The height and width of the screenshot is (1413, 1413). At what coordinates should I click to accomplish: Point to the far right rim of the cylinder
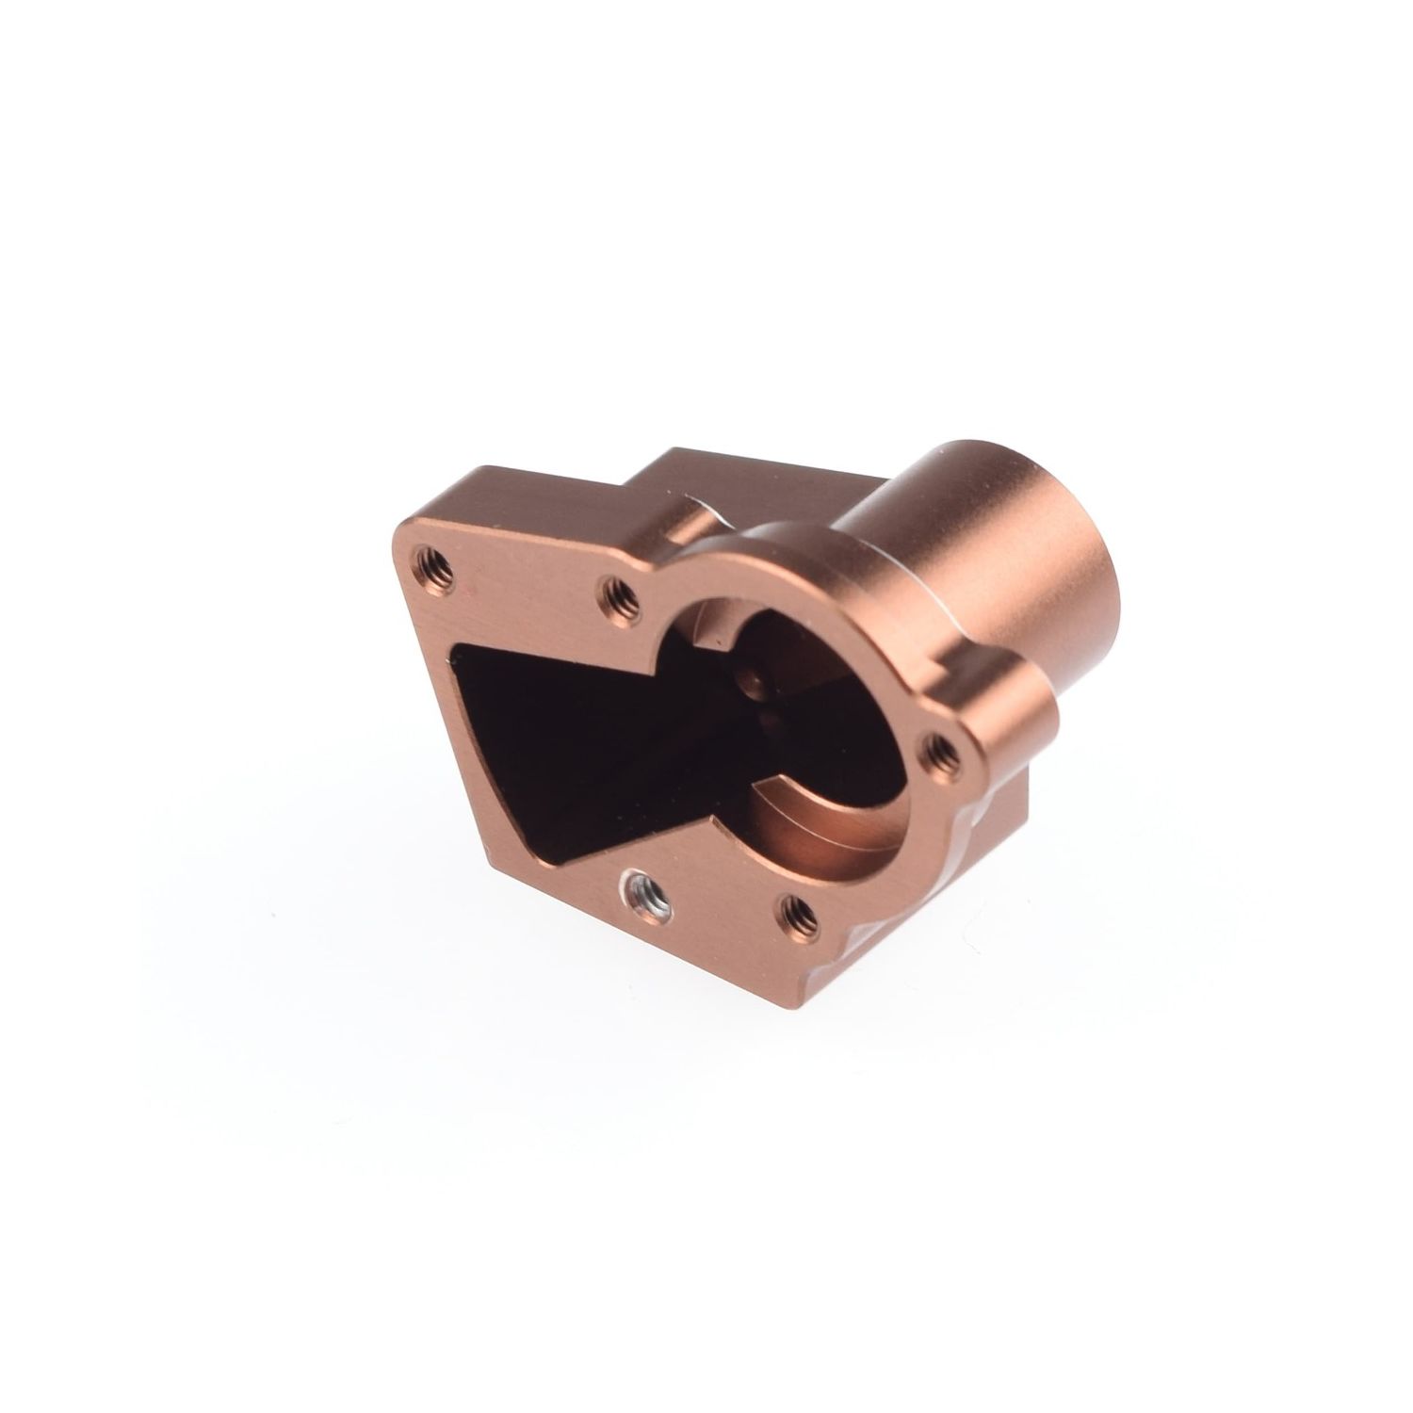pos(1121,603)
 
